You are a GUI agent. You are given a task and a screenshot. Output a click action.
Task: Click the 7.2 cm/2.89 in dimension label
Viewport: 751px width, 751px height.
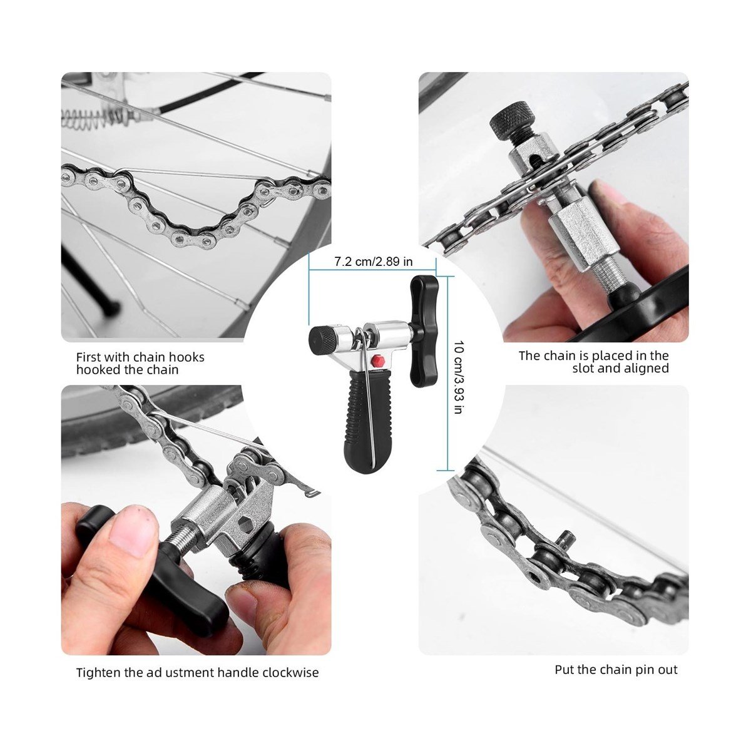tap(373, 261)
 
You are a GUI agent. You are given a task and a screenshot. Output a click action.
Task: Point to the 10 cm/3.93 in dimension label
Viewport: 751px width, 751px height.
tap(459, 377)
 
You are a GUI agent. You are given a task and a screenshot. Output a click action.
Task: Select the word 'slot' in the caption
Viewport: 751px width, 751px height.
tap(583, 368)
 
